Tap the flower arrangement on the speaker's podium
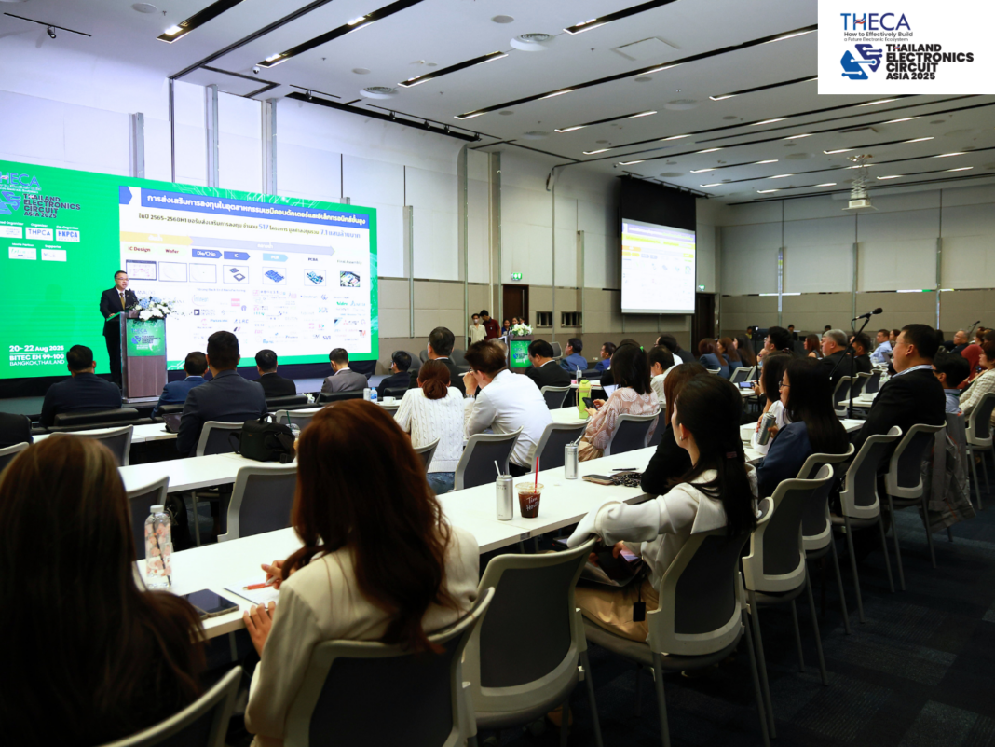pos(152,309)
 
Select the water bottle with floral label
pos(157,546)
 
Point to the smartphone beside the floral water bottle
pos(211,602)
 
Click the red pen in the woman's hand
pos(260,586)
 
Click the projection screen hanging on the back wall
pos(658,267)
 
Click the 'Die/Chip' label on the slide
pos(206,254)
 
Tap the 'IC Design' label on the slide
pos(138,249)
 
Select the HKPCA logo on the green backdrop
pos(67,235)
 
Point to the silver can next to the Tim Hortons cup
pos(504,497)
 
